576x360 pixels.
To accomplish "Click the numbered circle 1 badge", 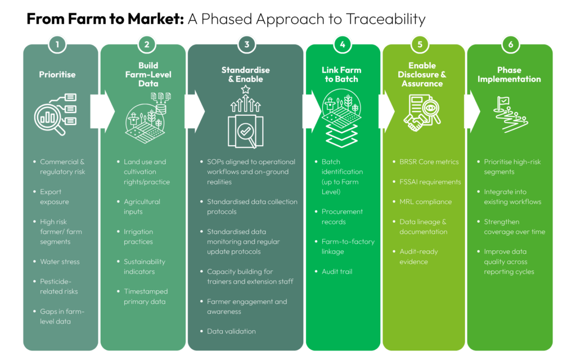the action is [x=57, y=44].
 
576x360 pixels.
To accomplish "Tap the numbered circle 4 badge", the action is [x=343, y=44].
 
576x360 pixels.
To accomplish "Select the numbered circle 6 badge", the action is [x=510, y=44].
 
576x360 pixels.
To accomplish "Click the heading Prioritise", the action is [x=57, y=75].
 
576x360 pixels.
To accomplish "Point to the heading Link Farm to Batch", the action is [x=341, y=75].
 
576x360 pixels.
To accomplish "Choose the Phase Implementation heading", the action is [x=509, y=75].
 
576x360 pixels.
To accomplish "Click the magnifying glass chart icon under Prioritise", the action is [x=56, y=114].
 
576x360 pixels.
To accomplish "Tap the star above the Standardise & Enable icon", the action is [x=245, y=89].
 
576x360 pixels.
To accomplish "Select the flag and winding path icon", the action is [x=511, y=114].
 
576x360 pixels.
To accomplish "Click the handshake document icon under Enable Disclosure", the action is [x=422, y=112].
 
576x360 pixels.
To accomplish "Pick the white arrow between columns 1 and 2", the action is [x=102, y=111].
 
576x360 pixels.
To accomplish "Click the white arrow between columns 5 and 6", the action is [x=472, y=111].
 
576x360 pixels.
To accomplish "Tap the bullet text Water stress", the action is [x=60, y=262].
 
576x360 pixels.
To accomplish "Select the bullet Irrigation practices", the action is [x=138, y=237].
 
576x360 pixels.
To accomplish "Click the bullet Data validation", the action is [x=231, y=331].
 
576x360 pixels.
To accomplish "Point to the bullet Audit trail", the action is [x=337, y=272].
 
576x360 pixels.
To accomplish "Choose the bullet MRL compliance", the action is [x=426, y=202].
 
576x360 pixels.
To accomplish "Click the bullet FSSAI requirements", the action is [x=430, y=182].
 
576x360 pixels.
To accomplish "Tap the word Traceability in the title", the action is [x=386, y=19].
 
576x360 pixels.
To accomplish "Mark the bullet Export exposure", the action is [x=55, y=197].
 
